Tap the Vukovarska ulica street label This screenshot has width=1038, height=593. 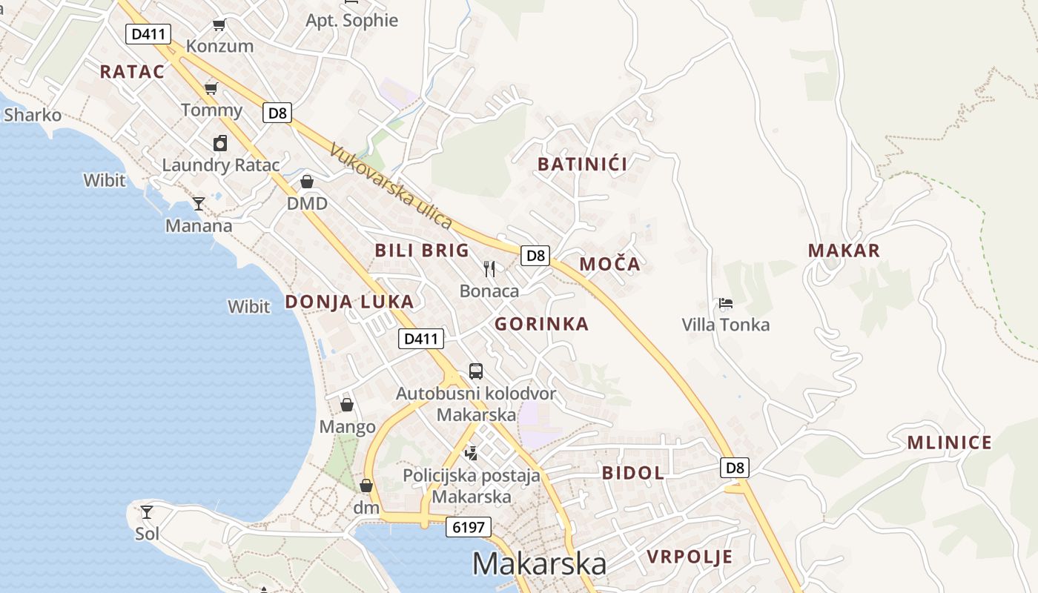[391, 186]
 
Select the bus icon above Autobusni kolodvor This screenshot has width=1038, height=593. [476, 371]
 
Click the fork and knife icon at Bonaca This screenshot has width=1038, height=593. [489, 268]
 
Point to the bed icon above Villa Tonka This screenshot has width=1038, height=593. [726, 303]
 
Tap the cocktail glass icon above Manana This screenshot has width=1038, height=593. [199, 203]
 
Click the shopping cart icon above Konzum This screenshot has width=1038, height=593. [219, 25]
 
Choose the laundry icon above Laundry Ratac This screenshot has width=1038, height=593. [220, 143]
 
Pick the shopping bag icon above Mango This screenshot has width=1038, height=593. [347, 405]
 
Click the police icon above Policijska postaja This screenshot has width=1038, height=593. [471, 452]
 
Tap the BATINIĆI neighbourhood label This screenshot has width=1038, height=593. [582, 165]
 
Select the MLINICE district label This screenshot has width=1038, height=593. [950, 443]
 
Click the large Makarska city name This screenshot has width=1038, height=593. [539, 564]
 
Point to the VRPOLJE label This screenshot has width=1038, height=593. [690, 557]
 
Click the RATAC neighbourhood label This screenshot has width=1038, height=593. [132, 72]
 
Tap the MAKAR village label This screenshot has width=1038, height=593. [844, 251]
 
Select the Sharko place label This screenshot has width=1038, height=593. [33, 115]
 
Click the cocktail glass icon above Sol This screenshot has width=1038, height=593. [147, 511]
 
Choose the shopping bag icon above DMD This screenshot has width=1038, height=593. [307, 182]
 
